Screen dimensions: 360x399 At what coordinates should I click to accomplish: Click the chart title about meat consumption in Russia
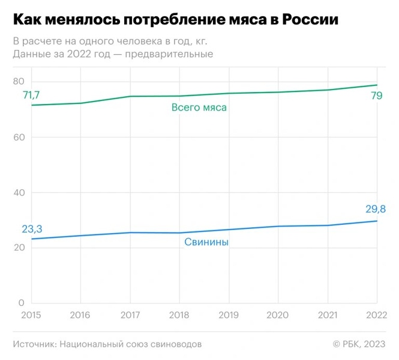(175, 20)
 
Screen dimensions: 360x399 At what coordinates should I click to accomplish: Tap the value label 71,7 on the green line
(31, 95)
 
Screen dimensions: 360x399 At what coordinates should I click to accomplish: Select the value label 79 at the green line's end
(377, 96)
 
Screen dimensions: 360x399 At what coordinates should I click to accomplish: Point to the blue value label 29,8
(375, 209)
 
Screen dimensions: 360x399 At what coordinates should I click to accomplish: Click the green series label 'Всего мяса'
(199, 108)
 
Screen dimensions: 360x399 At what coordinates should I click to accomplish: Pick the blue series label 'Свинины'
(206, 242)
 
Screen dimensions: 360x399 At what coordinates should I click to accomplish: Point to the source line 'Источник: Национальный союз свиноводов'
(107, 344)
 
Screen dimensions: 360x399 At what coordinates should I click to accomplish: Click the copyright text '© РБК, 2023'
(359, 344)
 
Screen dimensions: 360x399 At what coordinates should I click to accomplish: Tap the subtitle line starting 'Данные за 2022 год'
(113, 54)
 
